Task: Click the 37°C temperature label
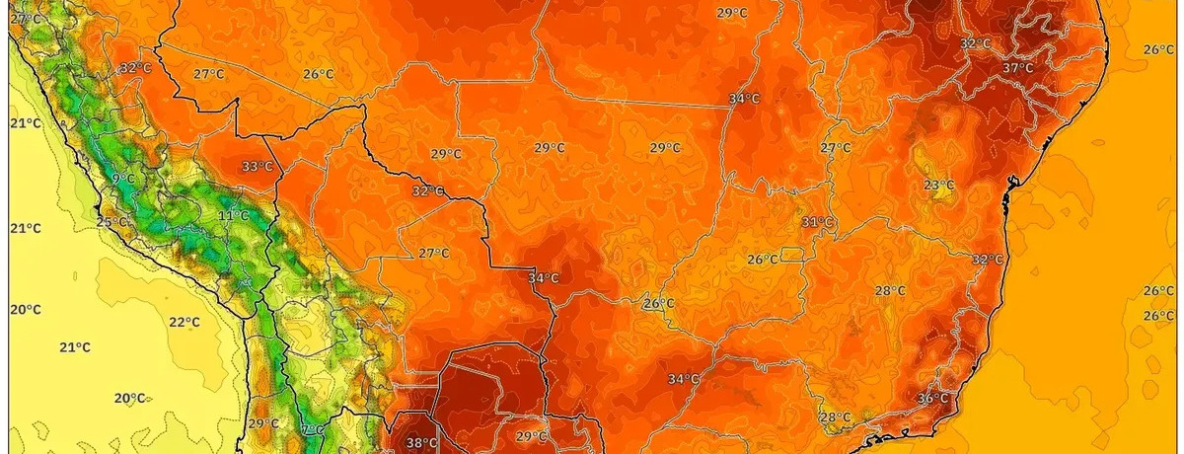(1017, 68)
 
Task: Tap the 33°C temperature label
(257, 166)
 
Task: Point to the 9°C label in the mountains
(123, 178)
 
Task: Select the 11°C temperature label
(233, 215)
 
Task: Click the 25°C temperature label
(111, 221)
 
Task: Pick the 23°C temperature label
(938, 185)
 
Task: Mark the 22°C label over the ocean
(184, 322)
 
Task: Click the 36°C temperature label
(932, 398)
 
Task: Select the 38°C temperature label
(421, 442)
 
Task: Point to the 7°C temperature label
(312, 430)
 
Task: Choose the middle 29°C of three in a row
(550, 148)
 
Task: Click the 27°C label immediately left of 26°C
(208, 74)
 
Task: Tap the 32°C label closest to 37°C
(975, 43)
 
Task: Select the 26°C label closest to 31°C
(761, 260)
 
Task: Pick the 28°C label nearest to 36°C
(835, 416)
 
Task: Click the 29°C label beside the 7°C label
(262, 423)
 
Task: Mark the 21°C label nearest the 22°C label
(75, 347)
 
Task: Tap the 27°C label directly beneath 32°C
(432, 253)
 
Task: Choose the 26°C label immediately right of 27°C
(318, 74)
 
